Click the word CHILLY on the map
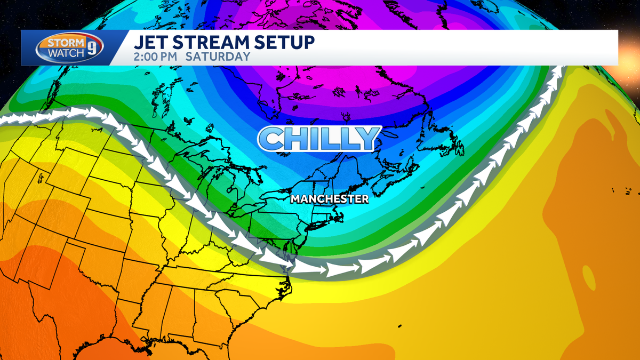[319, 138]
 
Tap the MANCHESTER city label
[330, 199]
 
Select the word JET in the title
[148, 42]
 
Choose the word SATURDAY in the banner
[218, 56]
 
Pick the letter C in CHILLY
[272, 139]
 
